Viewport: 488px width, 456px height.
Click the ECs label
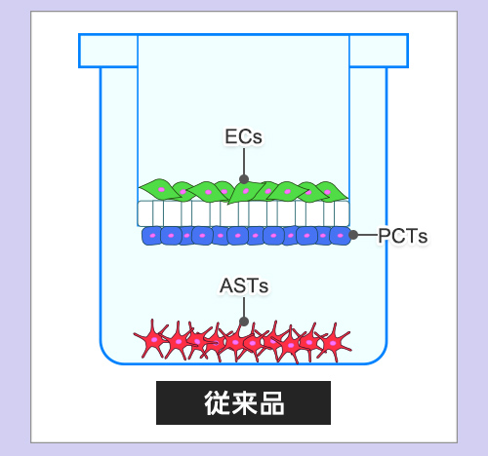click(x=243, y=136)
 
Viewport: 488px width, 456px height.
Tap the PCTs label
click(x=403, y=236)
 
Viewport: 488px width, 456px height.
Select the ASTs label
click(x=244, y=285)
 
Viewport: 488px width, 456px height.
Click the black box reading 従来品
click(x=243, y=402)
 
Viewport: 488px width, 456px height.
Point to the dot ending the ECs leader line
click(x=244, y=179)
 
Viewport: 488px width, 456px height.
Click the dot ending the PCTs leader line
click(x=353, y=235)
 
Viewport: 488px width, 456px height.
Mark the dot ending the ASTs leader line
click(x=244, y=322)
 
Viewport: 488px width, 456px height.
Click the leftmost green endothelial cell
click(x=159, y=189)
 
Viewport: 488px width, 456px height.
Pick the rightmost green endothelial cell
click(x=330, y=191)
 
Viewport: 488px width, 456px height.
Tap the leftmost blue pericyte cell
click(x=151, y=236)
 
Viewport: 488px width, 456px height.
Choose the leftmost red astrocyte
click(x=153, y=340)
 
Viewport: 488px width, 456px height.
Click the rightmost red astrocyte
click(x=334, y=343)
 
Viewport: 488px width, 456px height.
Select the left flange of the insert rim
click(x=108, y=51)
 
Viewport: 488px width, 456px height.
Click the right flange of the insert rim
click(x=379, y=51)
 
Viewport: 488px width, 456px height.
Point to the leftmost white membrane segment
click(x=145, y=213)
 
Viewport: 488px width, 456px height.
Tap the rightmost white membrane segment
click(x=342, y=213)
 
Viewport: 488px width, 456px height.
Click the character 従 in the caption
click(x=218, y=402)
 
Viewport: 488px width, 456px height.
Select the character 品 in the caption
click(x=272, y=402)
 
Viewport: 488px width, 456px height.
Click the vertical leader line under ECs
click(x=244, y=162)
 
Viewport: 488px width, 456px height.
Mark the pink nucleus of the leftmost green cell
click(x=161, y=189)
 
